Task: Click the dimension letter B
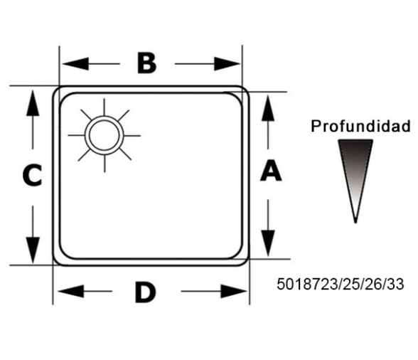click(x=146, y=63)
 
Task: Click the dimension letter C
click(x=32, y=175)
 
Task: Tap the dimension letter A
click(x=271, y=170)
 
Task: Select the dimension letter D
click(x=145, y=292)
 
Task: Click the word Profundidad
click(x=360, y=126)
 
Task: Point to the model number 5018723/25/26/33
click(x=340, y=284)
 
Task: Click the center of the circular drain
click(x=104, y=135)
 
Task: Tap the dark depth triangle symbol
click(x=355, y=181)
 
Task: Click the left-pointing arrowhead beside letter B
click(x=75, y=64)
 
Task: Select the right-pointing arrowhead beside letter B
click(x=227, y=64)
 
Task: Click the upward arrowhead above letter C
click(x=33, y=103)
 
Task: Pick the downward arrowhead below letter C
click(x=33, y=250)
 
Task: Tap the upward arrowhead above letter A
click(x=268, y=108)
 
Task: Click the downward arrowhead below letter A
click(x=268, y=243)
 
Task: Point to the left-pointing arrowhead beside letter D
click(x=71, y=291)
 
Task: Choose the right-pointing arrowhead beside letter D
click(x=233, y=292)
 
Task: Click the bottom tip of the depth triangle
click(x=355, y=223)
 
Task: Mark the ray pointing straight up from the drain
click(x=104, y=107)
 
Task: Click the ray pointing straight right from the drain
click(x=132, y=136)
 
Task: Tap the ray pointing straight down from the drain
click(x=104, y=164)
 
